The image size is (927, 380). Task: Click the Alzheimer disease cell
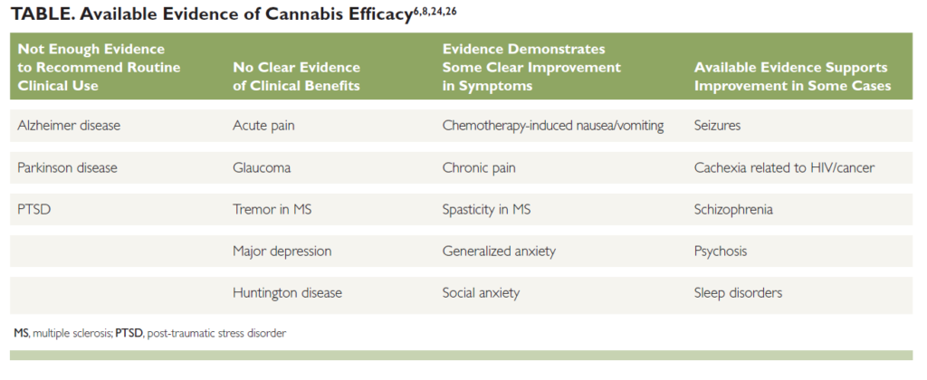tap(69, 126)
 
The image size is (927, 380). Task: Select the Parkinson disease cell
tap(67, 167)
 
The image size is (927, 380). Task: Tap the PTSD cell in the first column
tap(33, 209)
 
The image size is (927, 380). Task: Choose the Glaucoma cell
tap(262, 167)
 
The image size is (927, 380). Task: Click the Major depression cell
tap(282, 251)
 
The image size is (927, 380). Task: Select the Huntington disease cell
tap(287, 292)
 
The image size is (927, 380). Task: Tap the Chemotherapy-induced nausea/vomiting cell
tap(553, 126)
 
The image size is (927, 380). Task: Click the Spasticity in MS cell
tap(487, 209)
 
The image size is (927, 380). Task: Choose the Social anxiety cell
tap(481, 292)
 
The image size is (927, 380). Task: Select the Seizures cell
tap(717, 126)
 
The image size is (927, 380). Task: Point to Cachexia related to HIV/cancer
tap(785, 167)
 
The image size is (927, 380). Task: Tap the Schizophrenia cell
tap(733, 209)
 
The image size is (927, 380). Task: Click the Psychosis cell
tap(721, 251)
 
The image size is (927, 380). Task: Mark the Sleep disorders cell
tap(738, 292)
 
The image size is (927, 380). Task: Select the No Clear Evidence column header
tap(296, 77)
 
